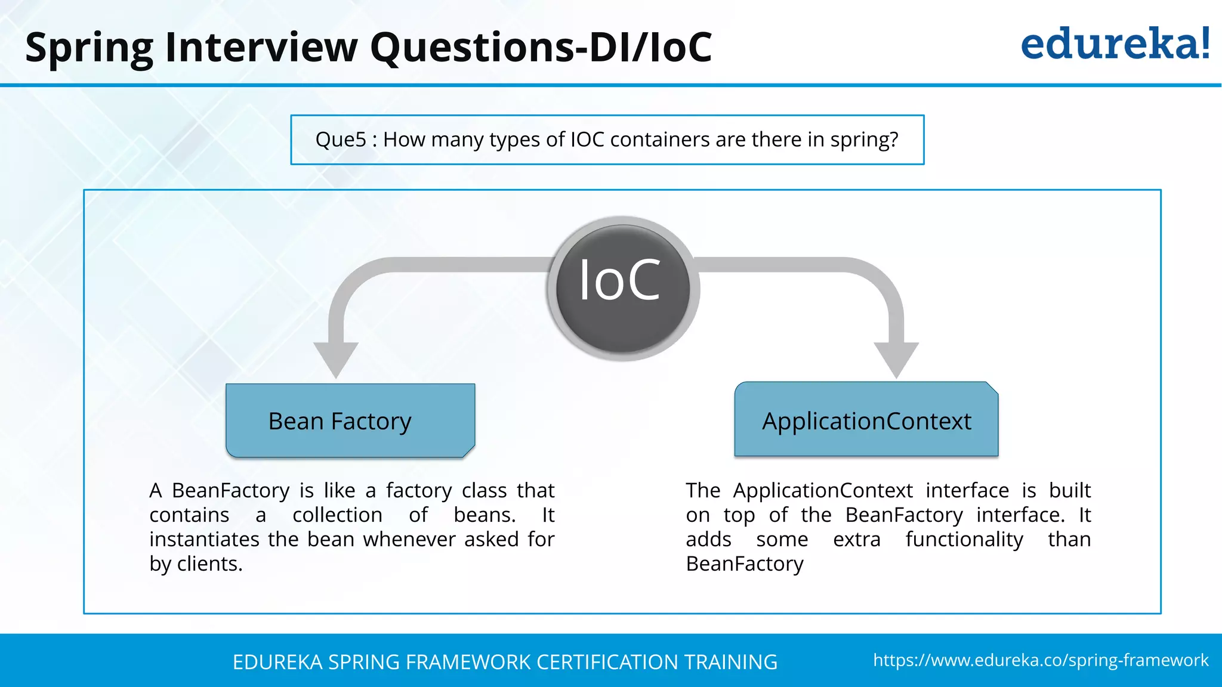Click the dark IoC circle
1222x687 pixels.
623,288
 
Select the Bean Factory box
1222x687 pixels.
350,421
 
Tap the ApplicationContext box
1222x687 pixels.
866,421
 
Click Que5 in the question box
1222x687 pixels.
341,140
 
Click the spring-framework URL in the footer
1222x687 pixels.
1041,660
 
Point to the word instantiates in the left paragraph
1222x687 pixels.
204,539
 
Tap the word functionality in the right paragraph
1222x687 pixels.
964,539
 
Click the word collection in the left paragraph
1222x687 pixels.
337,515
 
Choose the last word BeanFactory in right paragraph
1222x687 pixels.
745,564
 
